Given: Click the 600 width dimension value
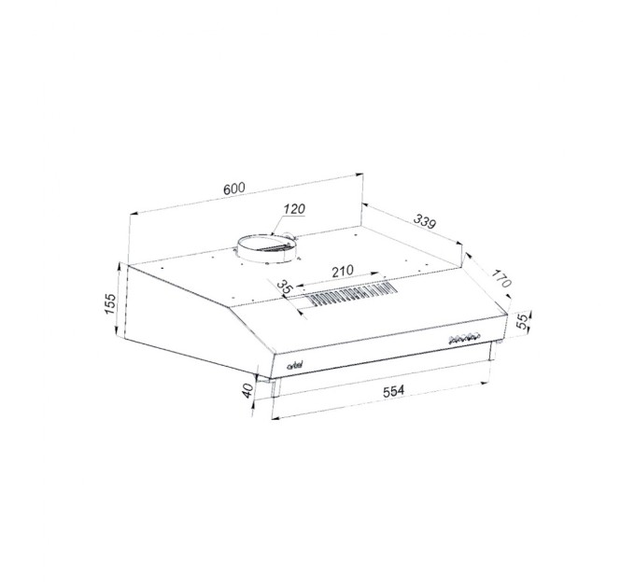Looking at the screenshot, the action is coord(234,189).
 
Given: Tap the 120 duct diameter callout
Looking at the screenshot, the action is coord(294,209).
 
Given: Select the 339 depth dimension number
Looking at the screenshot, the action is coord(424,221).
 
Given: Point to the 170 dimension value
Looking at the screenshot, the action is coord(501,278).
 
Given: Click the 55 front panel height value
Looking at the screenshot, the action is coord(523,321).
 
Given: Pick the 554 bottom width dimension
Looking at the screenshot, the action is coord(394,391).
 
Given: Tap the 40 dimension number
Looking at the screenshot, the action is coord(247,390).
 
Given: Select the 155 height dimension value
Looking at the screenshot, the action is coord(110,303).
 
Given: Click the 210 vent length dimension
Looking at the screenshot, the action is coord(343,271).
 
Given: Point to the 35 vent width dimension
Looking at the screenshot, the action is coord(285,287).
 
